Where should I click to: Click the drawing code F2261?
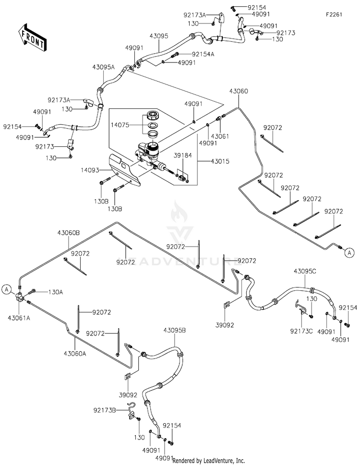coord(334,14)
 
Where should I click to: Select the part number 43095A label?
coord(103,67)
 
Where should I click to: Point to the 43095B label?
coord(175,330)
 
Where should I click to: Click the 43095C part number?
coord(305,271)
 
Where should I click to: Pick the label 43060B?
coord(69,233)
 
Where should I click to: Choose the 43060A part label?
coord(75,353)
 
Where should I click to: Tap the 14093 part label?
coord(90,170)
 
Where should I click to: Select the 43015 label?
coord(220,162)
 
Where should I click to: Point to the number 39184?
coord(183,155)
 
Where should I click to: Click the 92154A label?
coord(203,54)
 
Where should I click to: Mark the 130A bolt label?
coord(56,292)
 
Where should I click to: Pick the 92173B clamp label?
coord(105,410)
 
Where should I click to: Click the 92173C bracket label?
coord(301,331)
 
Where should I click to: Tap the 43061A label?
coord(19,318)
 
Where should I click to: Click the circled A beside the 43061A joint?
coord(7,289)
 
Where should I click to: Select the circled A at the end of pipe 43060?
coord(349,253)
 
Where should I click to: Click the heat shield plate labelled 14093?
coord(124,170)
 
